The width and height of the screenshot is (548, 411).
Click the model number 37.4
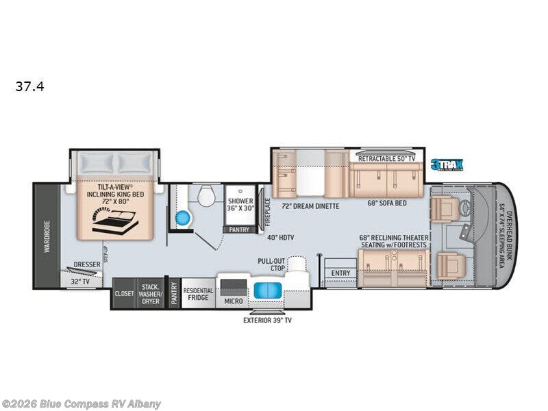point(29,87)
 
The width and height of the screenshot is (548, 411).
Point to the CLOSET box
point(124,293)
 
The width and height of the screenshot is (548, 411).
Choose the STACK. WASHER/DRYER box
point(151,293)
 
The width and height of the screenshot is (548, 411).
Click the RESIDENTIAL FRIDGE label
point(199,294)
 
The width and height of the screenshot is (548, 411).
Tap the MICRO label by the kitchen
point(234,300)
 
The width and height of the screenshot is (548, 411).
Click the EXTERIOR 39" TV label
point(267,320)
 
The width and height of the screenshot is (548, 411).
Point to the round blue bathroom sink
point(182,218)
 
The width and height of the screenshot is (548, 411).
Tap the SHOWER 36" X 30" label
point(240,204)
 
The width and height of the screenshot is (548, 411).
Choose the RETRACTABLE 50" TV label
point(386,158)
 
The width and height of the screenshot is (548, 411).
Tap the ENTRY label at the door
point(340,273)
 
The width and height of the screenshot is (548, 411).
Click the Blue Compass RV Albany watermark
point(81,403)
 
